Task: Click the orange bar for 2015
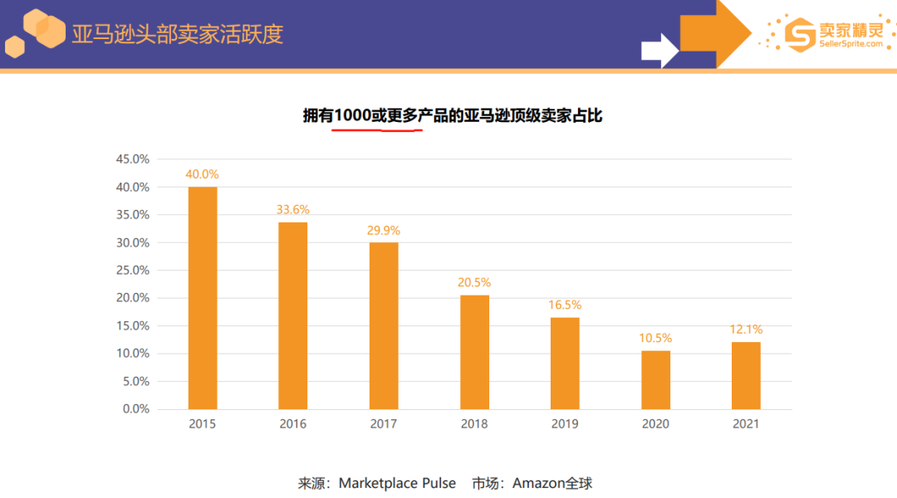pos(203,298)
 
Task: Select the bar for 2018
pos(475,352)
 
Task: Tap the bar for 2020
pos(656,380)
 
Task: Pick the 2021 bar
pos(746,375)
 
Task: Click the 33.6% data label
pos(293,210)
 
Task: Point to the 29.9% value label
pos(384,231)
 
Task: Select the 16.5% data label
pos(565,305)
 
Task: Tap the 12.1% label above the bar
pos(746,330)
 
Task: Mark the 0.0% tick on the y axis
pos(135,409)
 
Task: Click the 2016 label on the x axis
pos(293,424)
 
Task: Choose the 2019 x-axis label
pos(565,424)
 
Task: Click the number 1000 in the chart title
pos(352,116)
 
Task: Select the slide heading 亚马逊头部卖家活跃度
pos(177,34)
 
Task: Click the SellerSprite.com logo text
pos(851,44)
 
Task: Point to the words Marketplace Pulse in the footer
pos(397,483)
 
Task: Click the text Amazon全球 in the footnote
pos(552,483)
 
